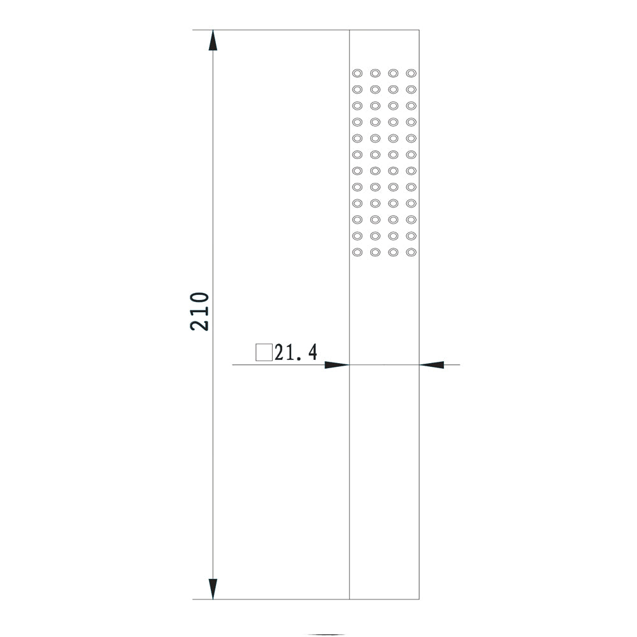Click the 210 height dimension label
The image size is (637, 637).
(x=199, y=311)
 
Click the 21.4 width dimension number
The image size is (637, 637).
(x=296, y=352)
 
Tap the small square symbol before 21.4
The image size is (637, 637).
(x=264, y=353)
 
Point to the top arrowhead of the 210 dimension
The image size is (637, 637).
(x=213, y=40)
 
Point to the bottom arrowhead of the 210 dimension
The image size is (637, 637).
(x=213, y=589)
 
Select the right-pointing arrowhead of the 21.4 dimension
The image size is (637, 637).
(x=337, y=365)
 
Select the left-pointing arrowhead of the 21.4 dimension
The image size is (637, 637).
(x=431, y=365)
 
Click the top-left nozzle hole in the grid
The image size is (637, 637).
(x=357, y=73)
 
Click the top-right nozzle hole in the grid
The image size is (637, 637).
(x=411, y=73)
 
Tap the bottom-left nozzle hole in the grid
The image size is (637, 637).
(x=357, y=252)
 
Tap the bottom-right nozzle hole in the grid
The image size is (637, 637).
(x=411, y=252)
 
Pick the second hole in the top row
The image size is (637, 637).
(x=375, y=73)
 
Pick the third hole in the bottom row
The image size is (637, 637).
(x=393, y=252)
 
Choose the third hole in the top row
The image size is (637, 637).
(x=393, y=73)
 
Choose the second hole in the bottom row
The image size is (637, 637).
(x=375, y=252)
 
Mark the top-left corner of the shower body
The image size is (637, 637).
(x=349, y=30)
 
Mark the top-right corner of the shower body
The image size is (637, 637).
(x=419, y=30)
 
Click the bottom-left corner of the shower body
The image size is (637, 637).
(x=349, y=599)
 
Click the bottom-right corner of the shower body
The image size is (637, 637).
(x=419, y=599)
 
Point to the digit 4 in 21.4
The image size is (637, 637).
(x=312, y=352)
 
